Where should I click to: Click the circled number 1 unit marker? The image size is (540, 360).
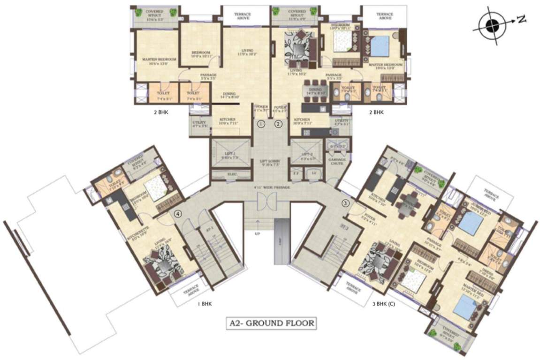(x=261, y=124)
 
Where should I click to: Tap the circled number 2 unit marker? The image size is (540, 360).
(x=278, y=124)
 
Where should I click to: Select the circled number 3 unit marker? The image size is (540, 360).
(x=346, y=203)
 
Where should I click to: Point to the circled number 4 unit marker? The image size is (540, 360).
(x=177, y=214)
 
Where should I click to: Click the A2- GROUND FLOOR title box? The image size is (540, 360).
(x=270, y=323)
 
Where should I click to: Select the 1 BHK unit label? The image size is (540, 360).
(x=205, y=304)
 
